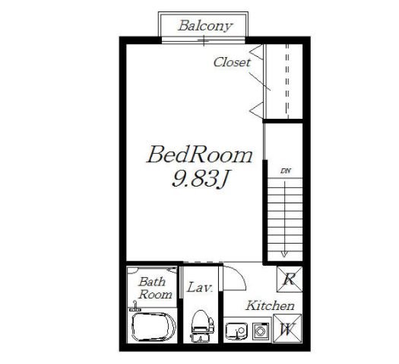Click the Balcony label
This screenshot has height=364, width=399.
[205, 26]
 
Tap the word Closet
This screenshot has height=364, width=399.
[232, 62]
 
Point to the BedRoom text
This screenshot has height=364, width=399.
[200, 155]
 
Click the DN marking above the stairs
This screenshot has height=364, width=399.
[286, 171]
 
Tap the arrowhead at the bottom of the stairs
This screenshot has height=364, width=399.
[284, 254]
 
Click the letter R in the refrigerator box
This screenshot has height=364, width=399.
[290, 279]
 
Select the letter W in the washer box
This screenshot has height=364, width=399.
[287, 329]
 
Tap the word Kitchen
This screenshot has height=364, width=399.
[270, 305]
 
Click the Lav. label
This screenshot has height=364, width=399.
[200, 287]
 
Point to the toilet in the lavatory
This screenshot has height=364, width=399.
[202, 326]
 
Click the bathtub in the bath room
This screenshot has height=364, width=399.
[154, 327]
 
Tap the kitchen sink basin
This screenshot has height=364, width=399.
[236, 330]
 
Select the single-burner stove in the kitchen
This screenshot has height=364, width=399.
[261, 331]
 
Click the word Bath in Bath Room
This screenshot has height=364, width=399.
[152, 282]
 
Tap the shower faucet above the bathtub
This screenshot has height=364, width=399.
[135, 306]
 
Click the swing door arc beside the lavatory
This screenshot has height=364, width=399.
[241, 276]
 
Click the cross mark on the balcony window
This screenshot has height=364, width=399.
[204, 41]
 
